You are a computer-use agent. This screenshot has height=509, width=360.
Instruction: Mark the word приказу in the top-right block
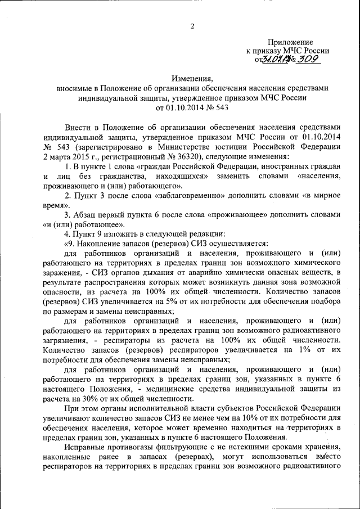coord(271,51)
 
